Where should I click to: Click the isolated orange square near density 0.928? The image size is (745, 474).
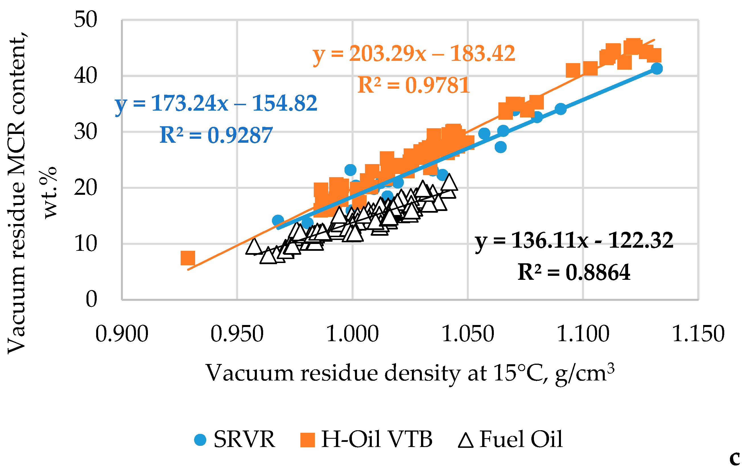pyautogui.click(x=187, y=258)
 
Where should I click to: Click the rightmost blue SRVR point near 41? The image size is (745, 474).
pyautogui.click(x=657, y=68)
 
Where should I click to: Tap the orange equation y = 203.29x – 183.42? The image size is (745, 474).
pyautogui.click(x=414, y=54)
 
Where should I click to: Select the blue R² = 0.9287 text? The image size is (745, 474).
pyautogui.click(x=216, y=135)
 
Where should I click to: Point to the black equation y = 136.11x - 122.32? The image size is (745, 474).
pyautogui.click(x=574, y=240)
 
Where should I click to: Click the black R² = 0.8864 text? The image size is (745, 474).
pyautogui.click(x=574, y=272)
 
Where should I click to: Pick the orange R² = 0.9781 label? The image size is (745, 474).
pyautogui.click(x=414, y=85)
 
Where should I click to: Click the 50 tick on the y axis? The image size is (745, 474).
pyautogui.click(x=85, y=20)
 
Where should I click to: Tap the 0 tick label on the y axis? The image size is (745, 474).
pyautogui.click(x=91, y=299)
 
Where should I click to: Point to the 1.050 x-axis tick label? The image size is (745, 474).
pyautogui.click(x=468, y=334)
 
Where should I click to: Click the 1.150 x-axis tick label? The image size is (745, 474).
pyautogui.click(x=698, y=334)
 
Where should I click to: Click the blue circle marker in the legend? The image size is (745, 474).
pyautogui.click(x=200, y=440)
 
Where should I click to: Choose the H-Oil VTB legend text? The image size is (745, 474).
pyautogui.click(x=377, y=439)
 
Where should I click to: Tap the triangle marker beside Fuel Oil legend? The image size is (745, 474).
pyautogui.click(x=466, y=440)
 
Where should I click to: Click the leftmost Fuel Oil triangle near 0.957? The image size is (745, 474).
pyautogui.click(x=254, y=247)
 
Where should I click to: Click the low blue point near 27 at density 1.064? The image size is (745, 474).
pyautogui.click(x=500, y=147)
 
